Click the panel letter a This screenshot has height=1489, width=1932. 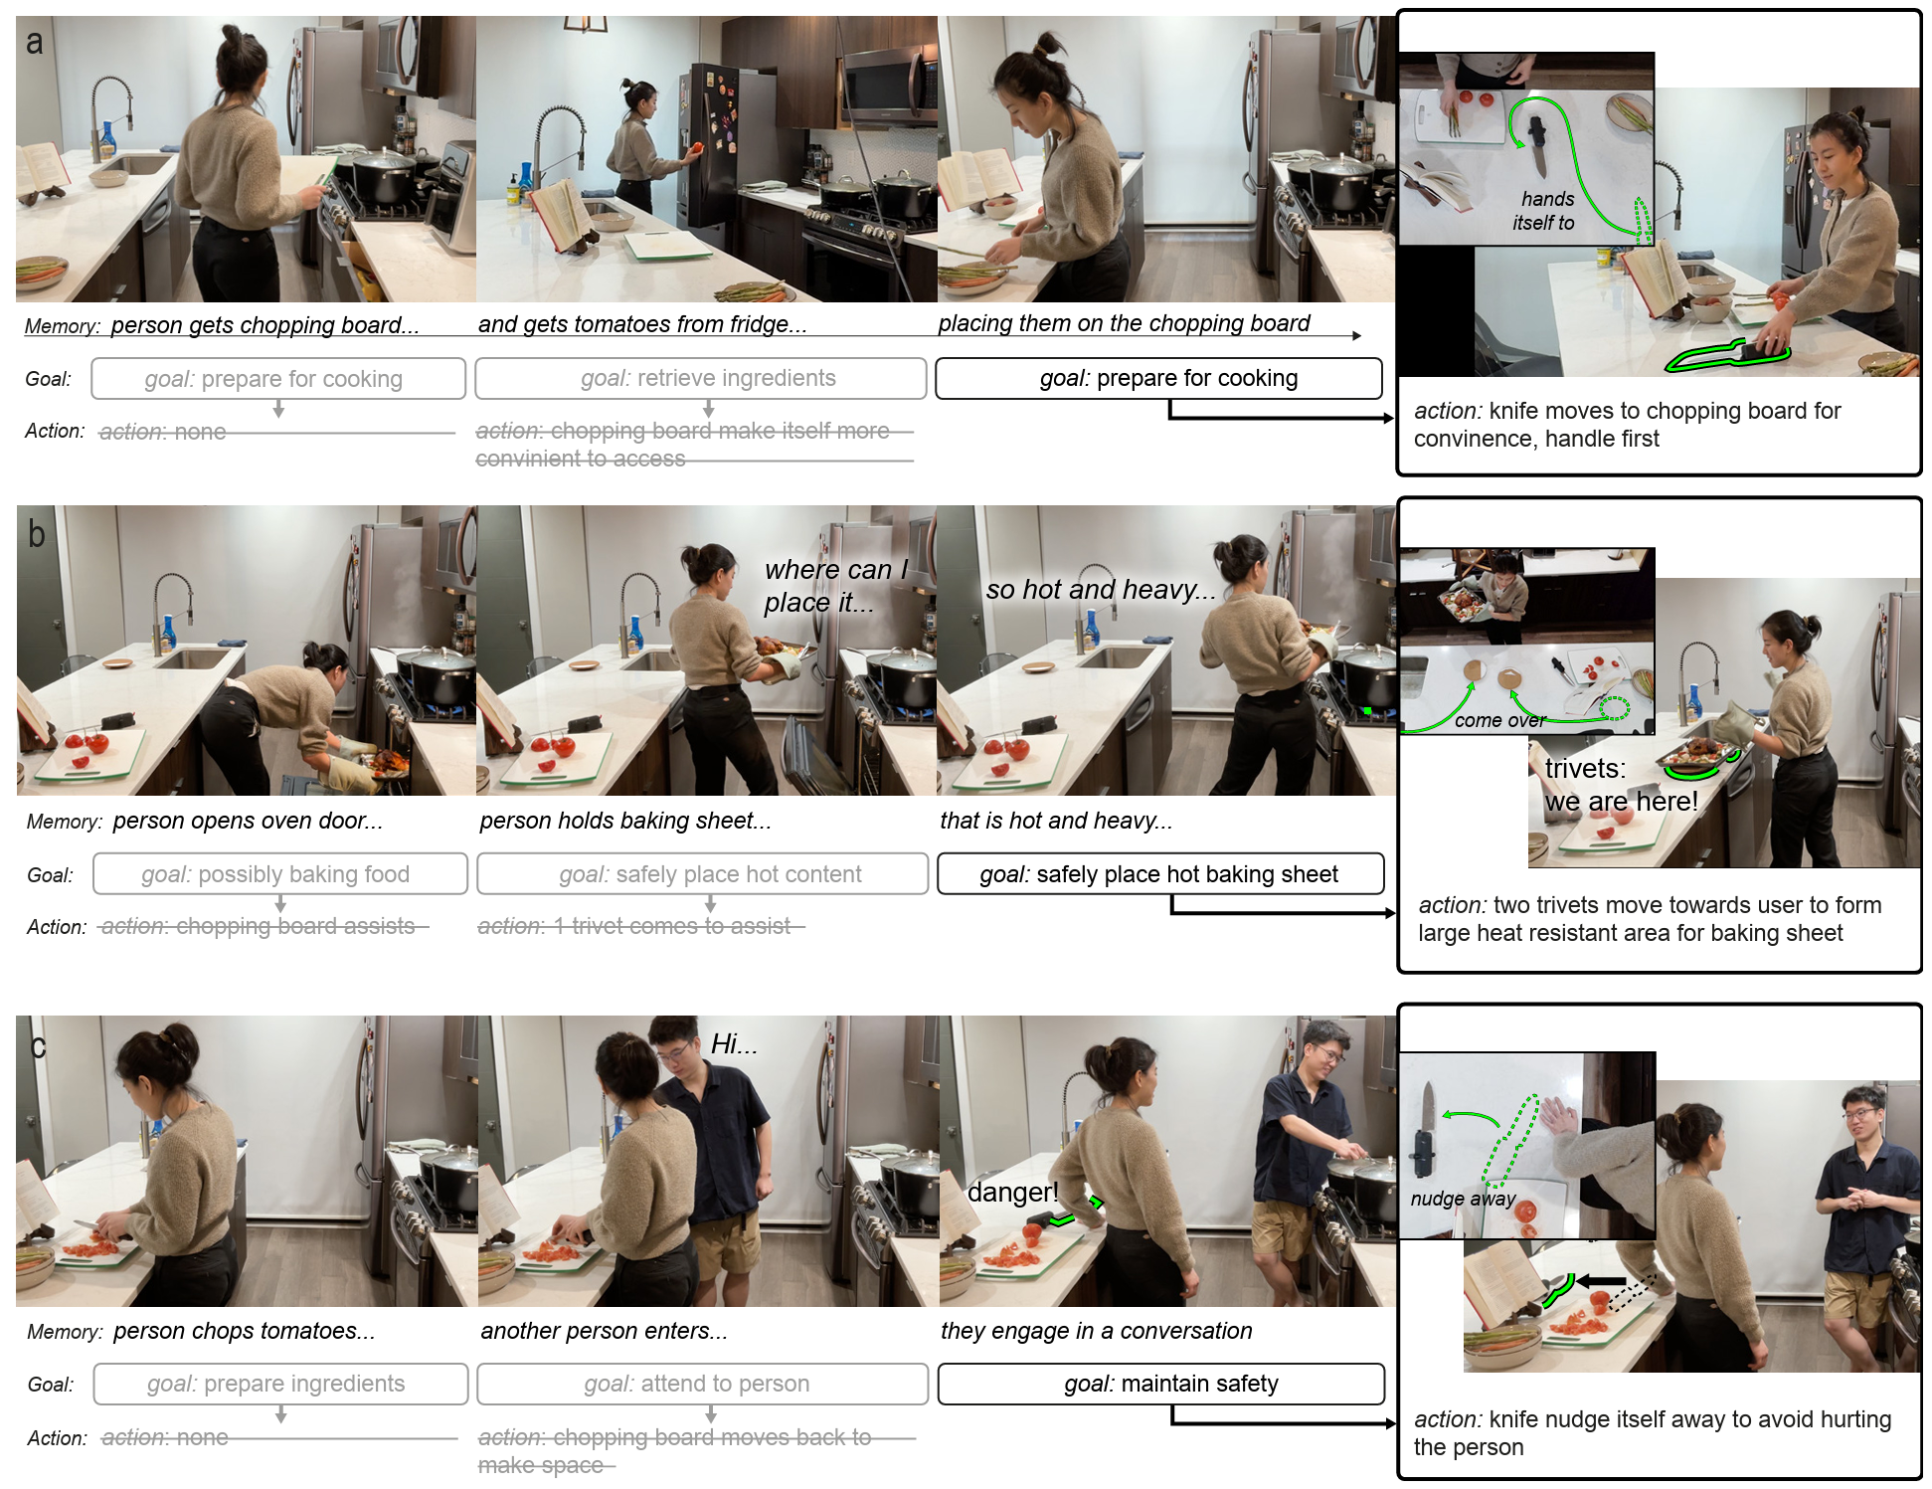(x=35, y=43)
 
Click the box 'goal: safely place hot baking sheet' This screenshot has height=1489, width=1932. (x=1159, y=874)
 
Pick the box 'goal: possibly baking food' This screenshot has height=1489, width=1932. (x=279, y=874)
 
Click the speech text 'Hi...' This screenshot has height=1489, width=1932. (x=734, y=1044)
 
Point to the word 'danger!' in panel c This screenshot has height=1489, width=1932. (x=1012, y=1192)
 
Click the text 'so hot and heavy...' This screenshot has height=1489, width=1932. (x=1100, y=590)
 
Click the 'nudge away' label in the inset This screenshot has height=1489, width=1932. (x=1463, y=1199)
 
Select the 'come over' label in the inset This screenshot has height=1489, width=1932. (x=1499, y=720)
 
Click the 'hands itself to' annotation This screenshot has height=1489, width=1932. (x=1545, y=211)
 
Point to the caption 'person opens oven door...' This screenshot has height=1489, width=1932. (x=248, y=821)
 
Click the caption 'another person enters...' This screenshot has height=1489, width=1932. (x=604, y=1331)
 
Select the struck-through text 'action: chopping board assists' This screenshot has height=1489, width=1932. (x=259, y=926)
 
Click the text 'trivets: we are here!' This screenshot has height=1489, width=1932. (x=1621, y=785)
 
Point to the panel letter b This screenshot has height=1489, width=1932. (x=37, y=535)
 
